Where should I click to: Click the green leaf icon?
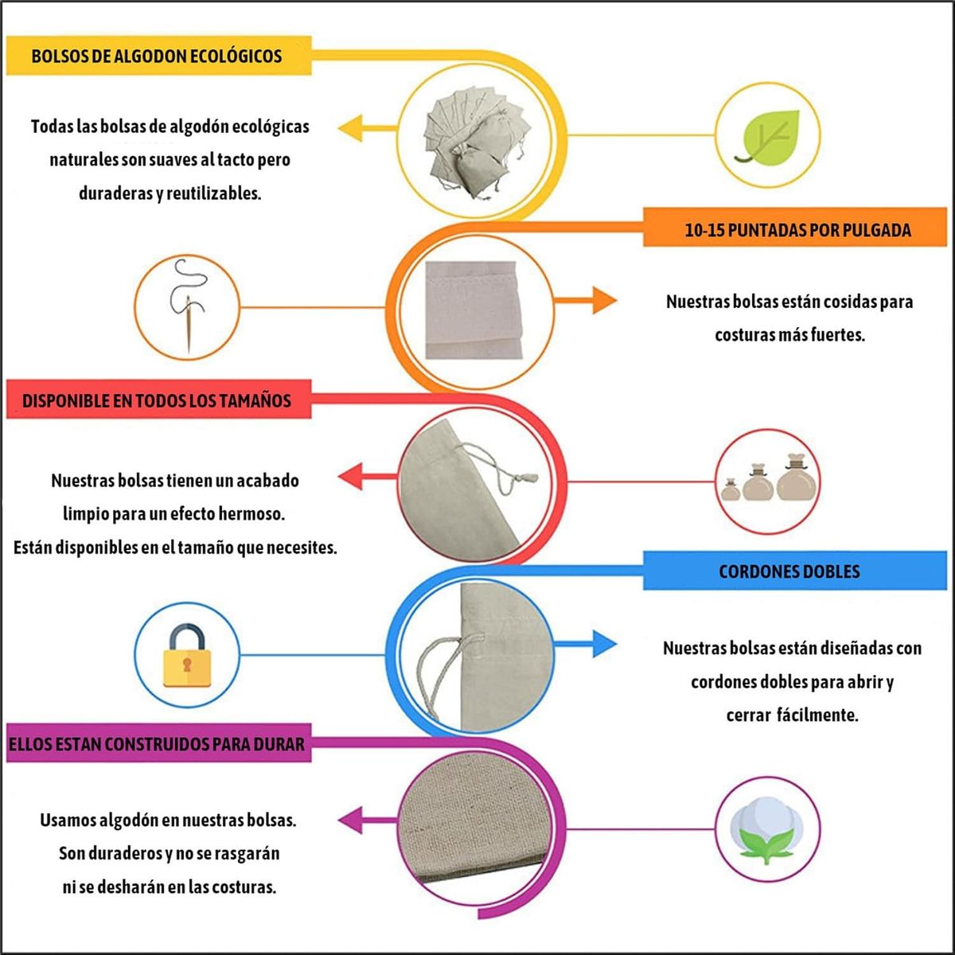pyautogui.click(x=768, y=136)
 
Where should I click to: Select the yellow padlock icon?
pyautogui.click(x=186, y=655)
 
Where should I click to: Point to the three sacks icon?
pyautogui.click(x=767, y=480)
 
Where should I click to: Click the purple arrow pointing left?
pyautogui.click(x=363, y=818)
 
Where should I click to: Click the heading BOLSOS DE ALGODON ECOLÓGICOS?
pyautogui.click(x=157, y=57)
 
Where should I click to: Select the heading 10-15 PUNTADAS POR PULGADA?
pyautogui.click(x=797, y=231)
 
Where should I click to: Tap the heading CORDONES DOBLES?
pyautogui.click(x=789, y=571)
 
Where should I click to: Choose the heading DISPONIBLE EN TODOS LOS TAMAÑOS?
pyautogui.click(x=157, y=400)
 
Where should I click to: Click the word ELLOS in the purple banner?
pyautogui.click(x=32, y=745)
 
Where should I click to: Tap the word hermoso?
pyautogui.click(x=251, y=514)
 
